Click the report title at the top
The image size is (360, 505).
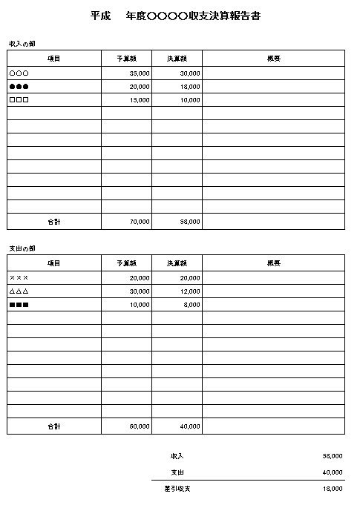(176, 16)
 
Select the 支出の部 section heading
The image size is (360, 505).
(22, 248)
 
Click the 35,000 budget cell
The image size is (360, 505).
(139, 73)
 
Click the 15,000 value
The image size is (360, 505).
(139, 100)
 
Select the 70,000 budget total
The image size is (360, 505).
(139, 221)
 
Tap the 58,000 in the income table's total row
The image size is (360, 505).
(189, 221)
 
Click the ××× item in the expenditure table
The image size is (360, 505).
(19, 278)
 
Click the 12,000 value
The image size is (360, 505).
(189, 291)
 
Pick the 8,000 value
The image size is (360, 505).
(192, 305)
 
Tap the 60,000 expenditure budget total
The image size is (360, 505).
(139, 426)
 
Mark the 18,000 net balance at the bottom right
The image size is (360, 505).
(333, 489)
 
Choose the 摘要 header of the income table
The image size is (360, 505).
(273, 58)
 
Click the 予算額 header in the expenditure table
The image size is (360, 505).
(126, 263)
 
